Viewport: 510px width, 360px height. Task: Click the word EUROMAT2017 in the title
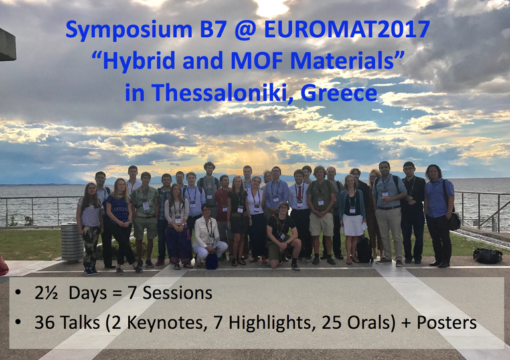point(347,30)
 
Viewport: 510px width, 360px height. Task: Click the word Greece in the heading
point(339,93)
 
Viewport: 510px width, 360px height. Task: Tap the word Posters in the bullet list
point(446,323)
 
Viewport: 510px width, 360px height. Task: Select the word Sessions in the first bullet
point(177,293)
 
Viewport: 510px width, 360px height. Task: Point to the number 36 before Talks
point(45,323)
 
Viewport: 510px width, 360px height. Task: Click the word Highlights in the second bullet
point(269,323)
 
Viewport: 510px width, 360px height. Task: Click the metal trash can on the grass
point(72,242)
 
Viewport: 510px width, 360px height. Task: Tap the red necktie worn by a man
point(299,193)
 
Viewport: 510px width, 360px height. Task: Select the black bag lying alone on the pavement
point(487,256)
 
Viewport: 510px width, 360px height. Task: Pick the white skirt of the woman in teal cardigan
point(353,225)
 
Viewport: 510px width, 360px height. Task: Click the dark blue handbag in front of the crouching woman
point(211,261)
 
